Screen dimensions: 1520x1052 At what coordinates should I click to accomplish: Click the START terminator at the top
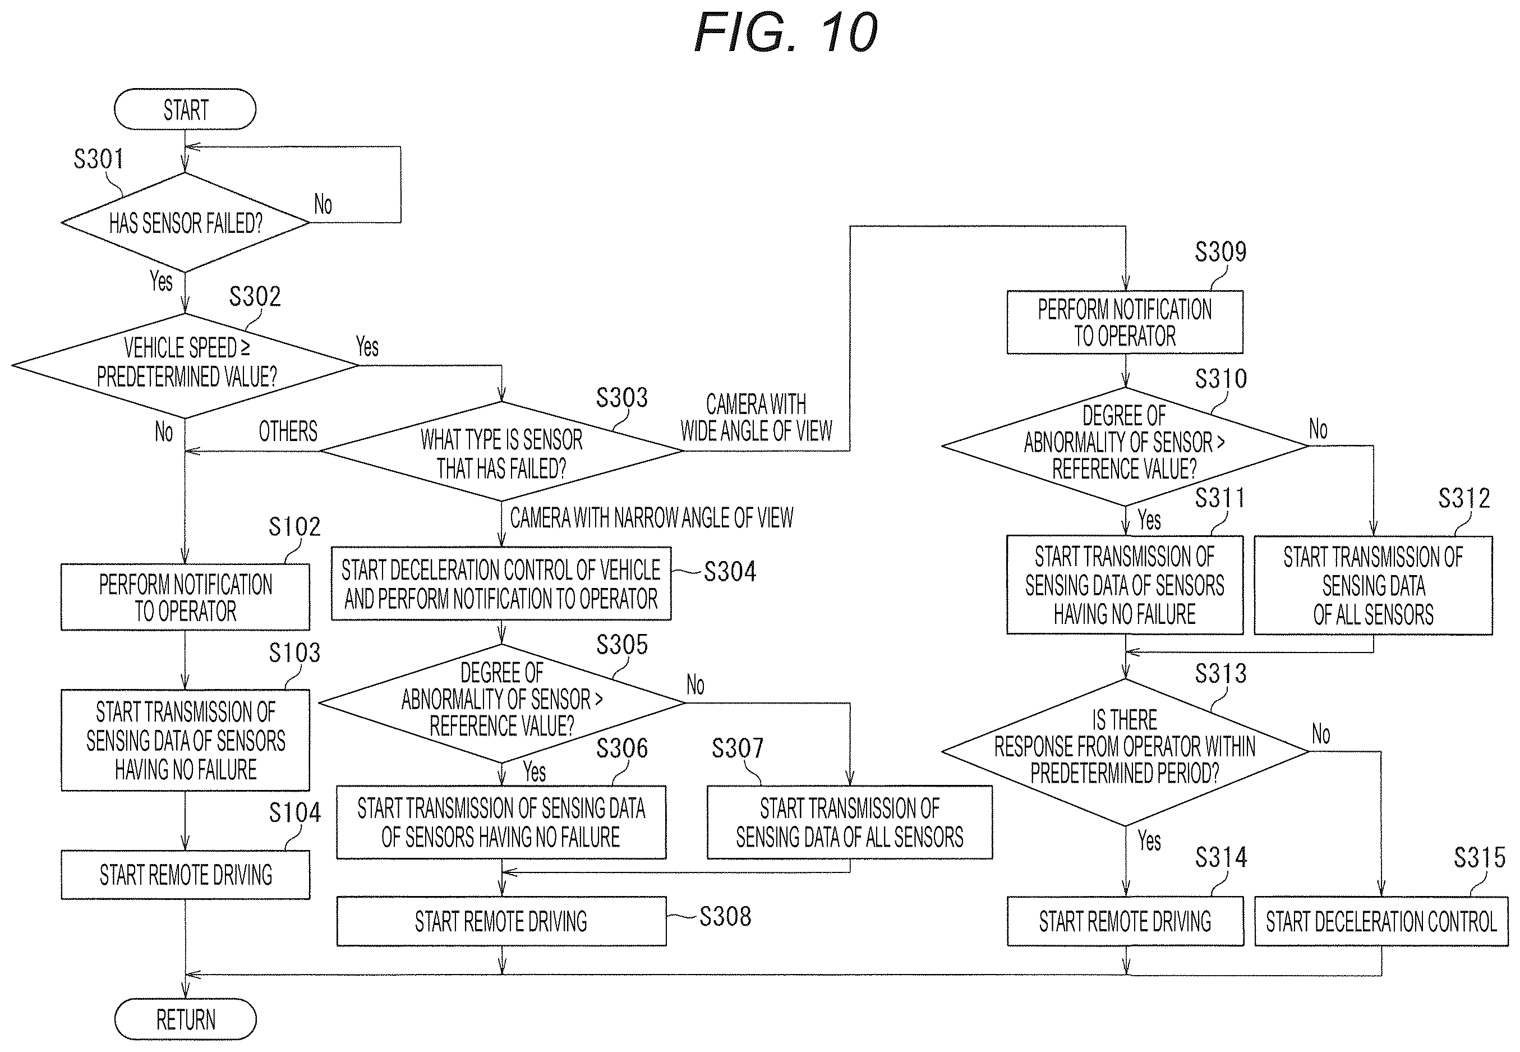coord(185,109)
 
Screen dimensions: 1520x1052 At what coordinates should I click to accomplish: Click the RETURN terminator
coord(185,1019)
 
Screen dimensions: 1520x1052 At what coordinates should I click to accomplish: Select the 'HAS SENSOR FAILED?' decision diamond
coord(185,223)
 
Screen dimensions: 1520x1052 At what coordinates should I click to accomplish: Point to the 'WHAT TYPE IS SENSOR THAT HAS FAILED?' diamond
coord(501,452)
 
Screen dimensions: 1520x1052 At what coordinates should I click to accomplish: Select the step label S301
coord(98,159)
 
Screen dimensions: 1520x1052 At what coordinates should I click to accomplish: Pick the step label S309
coord(1221,251)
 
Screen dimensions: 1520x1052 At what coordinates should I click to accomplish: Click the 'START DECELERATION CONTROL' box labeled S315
coord(1381,921)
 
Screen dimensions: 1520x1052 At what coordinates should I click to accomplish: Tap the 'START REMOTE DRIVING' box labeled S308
coord(501,921)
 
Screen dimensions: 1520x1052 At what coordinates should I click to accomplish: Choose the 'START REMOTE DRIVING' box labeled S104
coord(185,875)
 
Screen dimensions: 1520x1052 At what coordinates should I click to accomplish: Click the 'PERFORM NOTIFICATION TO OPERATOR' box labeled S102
coord(185,597)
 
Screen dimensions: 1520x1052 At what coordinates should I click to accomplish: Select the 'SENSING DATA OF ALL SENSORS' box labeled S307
coord(849,822)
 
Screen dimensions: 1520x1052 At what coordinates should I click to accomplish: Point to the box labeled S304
coord(501,584)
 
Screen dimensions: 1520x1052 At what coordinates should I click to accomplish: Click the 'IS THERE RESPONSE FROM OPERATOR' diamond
coord(1125,751)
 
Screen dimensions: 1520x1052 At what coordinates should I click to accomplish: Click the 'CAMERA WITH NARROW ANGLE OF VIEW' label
coord(652,518)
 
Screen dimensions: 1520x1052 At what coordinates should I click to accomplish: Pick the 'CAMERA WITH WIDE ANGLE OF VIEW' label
coord(757,417)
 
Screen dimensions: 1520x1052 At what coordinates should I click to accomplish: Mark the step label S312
coord(1464,498)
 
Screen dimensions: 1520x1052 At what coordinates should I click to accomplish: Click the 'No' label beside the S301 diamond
coord(323,204)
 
